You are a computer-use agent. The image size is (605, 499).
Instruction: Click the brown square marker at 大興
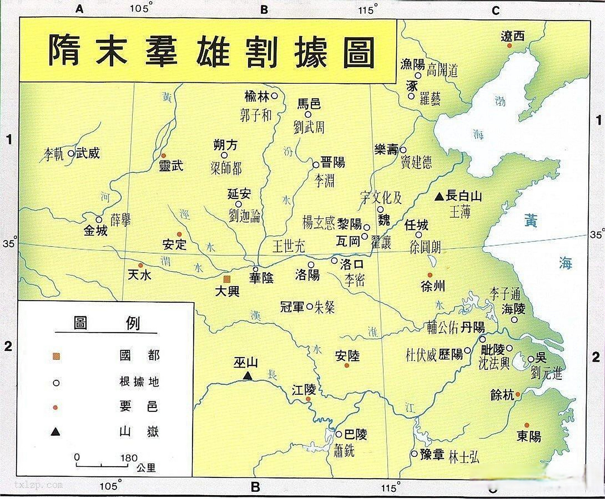click(227, 279)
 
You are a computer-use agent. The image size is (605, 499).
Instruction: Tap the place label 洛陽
click(308, 275)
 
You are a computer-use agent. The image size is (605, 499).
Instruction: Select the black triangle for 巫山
click(247, 376)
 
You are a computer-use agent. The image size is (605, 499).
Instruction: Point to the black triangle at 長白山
click(440, 196)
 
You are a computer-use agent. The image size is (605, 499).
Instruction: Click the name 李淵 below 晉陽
click(324, 180)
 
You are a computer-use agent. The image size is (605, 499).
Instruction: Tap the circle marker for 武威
click(71, 153)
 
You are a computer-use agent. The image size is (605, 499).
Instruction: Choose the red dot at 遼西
click(509, 46)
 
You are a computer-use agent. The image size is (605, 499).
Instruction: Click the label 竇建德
click(416, 162)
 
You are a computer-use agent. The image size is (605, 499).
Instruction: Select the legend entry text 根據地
click(139, 382)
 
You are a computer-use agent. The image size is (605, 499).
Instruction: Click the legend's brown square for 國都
click(57, 356)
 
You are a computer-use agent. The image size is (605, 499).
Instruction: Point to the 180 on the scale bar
click(129, 458)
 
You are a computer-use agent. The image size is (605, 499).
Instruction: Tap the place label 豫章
click(432, 455)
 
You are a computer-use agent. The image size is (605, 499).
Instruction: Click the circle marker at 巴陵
click(339, 434)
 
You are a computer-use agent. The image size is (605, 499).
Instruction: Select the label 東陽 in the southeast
click(528, 436)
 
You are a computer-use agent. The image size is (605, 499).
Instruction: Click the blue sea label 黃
click(531, 221)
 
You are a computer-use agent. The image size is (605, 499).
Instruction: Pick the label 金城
click(96, 231)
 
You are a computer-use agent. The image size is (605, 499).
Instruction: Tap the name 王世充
click(288, 246)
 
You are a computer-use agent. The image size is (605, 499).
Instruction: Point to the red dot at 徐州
click(430, 275)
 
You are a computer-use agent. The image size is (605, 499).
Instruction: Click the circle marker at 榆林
click(274, 96)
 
